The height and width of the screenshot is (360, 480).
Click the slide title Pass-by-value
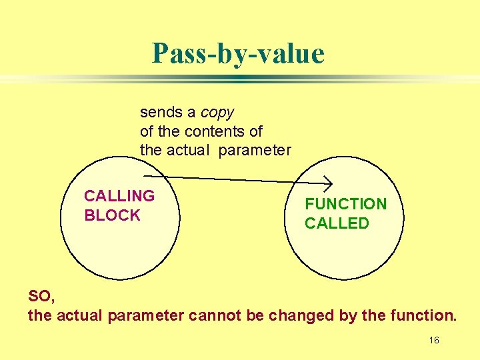coord(238,53)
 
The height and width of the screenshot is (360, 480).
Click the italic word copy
coord(217,112)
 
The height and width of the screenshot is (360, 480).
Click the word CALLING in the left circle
coord(119,196)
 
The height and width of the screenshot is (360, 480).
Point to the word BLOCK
coord(112,215)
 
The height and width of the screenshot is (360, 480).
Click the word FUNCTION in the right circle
coord(345,204)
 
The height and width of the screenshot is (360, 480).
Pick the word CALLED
coord(337,223)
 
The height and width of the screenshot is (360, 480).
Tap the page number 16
coord(434,341)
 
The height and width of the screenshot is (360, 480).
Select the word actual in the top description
coord(187,151)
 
